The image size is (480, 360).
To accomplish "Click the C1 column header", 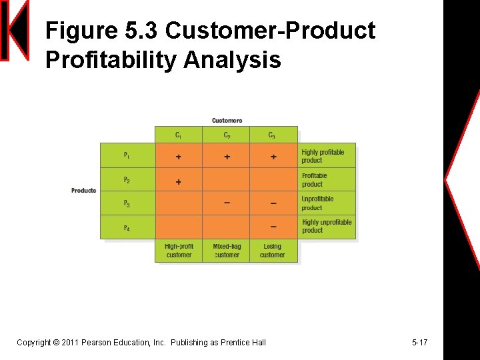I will (x=178, y=135).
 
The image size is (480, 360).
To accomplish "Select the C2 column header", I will (x=227, y=135).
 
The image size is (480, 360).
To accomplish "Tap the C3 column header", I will (x=272, y=135).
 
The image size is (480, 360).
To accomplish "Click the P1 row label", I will (x=127, y=155).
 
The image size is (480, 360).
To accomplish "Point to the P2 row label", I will (x=127, y=180).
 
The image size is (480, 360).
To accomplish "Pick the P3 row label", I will (x=127, y=203).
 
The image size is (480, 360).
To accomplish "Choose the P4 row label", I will (x=127, y=228).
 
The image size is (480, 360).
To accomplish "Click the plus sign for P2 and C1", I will (x=178, y=181).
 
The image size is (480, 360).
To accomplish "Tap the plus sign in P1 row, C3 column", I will (x=273, y=157).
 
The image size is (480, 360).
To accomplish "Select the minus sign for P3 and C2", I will (x=227, y=203).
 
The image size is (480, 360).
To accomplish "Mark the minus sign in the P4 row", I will (x=273, y=227).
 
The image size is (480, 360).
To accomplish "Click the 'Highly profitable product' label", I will (x=323, y=156).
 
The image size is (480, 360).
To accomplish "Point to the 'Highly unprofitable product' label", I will (x=327, y=226).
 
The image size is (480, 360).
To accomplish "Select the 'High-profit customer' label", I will (x=179, y=251).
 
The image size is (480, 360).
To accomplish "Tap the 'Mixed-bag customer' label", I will (x=227, y=251).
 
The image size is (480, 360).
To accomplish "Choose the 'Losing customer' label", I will (x=273, y=251).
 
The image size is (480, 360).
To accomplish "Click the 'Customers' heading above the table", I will (x=227, y=121).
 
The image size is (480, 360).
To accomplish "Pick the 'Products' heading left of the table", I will (x=84, y=191).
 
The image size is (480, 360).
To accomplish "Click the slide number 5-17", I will (x=419, y=343).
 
